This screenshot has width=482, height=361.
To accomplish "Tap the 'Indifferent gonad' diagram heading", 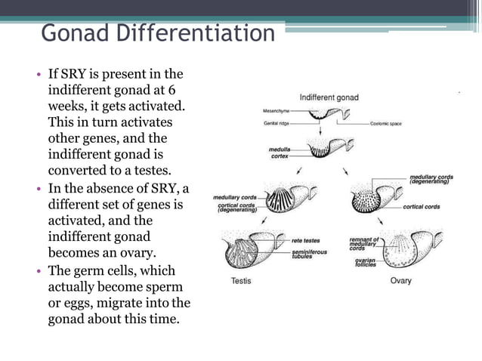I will [x=329, y=97].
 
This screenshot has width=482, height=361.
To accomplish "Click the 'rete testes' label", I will [x=306, y=241].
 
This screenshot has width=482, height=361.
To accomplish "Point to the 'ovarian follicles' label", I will [x=366, y=263].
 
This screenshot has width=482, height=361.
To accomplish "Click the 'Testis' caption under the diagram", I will [x=242, y=282].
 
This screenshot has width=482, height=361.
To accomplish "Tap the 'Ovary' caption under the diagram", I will [x=400, y=282].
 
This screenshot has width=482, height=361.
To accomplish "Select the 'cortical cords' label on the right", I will [x=422, y=206].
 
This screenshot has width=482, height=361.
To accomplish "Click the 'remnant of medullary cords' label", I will [x=365, y=243].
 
